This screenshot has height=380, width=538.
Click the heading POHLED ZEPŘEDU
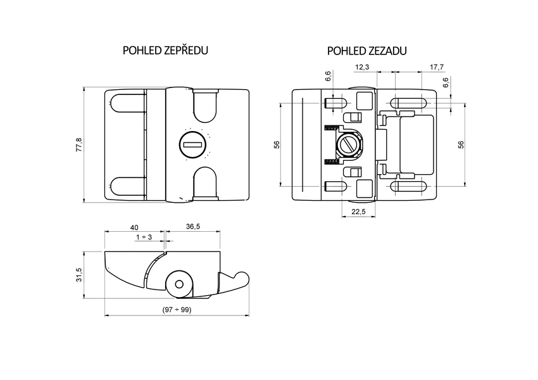tap(165, 51)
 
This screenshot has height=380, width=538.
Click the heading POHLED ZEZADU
tap(366, 51)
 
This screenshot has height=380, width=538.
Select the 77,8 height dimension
tap(78, 145)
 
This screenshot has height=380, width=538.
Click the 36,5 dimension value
tap(194, 227)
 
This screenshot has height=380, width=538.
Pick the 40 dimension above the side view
tap(134, 227)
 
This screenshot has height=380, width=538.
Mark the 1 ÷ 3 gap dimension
tap(144, 237)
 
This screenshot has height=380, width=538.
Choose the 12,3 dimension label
tap(363, 67)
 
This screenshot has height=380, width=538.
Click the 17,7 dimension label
tap(437, 67)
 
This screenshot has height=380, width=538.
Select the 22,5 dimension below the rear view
tap(359, 212)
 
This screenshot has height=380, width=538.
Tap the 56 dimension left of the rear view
tap(277, 145)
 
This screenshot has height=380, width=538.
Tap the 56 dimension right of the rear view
tap(460, 145)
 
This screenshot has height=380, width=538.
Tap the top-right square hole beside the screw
tap(365, 101)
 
